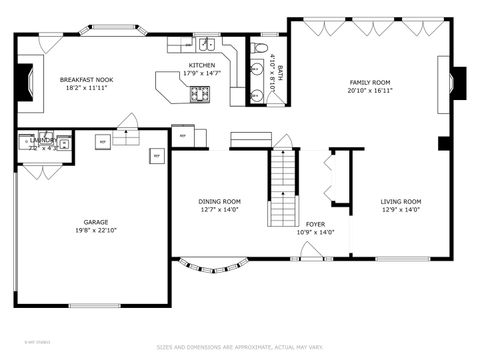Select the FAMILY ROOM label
click(x=369, y=82)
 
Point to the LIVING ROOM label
click(x=402, y=202)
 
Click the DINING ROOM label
click(x=219, y=202)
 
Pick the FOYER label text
click(x=315, y=224)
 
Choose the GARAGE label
click(x=96, y=222)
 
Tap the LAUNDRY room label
click(x=43, y=141)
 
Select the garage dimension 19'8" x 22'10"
click(x=96, y=230)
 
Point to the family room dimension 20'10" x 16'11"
click(x=369, y=90)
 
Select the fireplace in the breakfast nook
click(x=30, y=80)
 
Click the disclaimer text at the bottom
click(x=240, y=348)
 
